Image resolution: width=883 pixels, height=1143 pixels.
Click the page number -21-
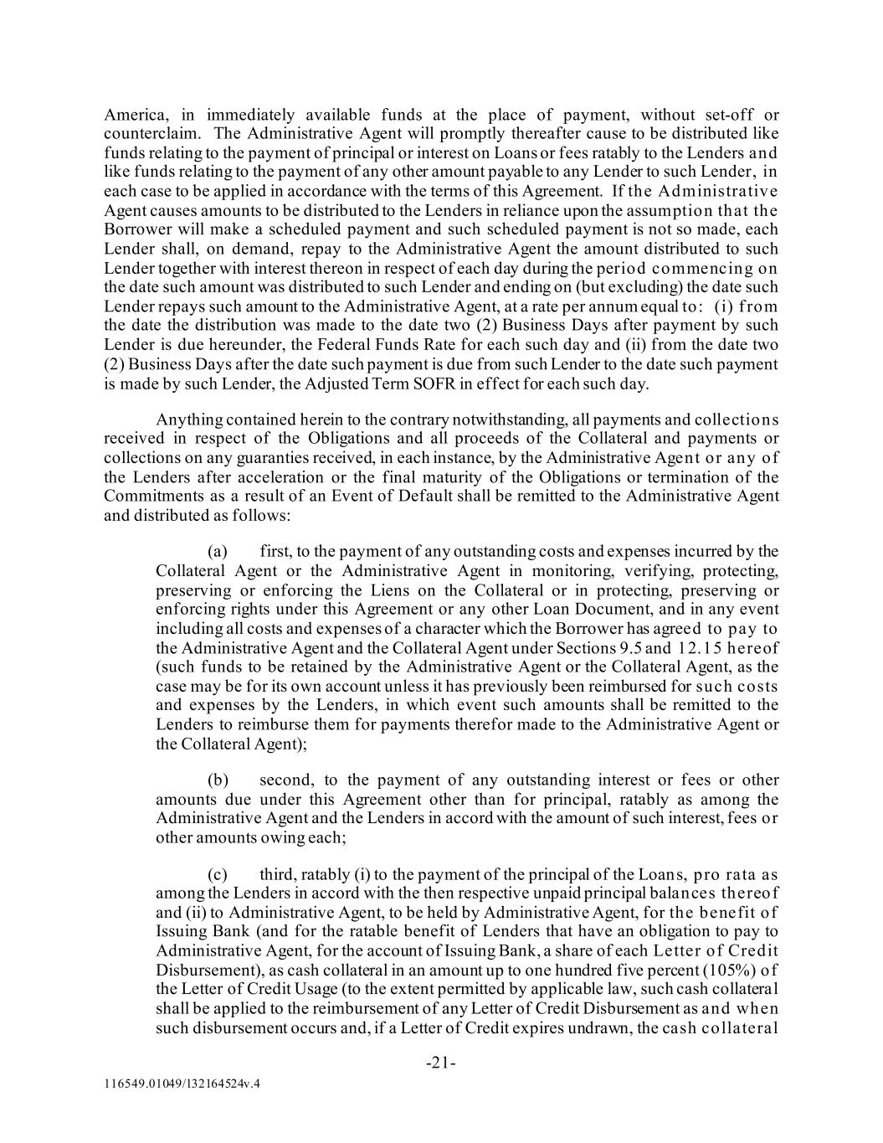pos(441,1063)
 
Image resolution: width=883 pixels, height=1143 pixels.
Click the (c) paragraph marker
pos(217,875)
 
